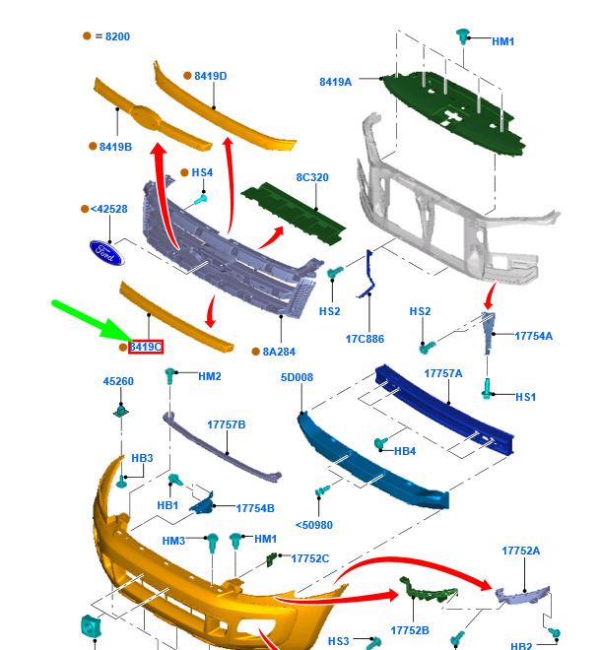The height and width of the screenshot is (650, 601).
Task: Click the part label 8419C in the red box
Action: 146,347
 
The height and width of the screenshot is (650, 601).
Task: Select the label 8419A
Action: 335,82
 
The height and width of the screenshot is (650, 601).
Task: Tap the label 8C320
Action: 312,177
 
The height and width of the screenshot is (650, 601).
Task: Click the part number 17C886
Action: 365,338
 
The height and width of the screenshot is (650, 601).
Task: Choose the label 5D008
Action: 297,377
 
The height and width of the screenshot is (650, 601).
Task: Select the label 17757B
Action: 227,424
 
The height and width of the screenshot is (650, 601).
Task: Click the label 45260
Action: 118,381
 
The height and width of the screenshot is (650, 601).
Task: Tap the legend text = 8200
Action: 110,36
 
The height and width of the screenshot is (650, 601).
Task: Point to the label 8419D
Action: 210,76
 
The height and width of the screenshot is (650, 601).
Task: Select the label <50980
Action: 314,525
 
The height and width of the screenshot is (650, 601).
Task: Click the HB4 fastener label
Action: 405,451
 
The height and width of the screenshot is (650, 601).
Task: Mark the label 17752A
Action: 520,552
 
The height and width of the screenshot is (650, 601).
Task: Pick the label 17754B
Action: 255,508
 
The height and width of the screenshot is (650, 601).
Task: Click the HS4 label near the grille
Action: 202,173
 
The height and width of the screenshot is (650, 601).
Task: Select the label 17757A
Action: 443,374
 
